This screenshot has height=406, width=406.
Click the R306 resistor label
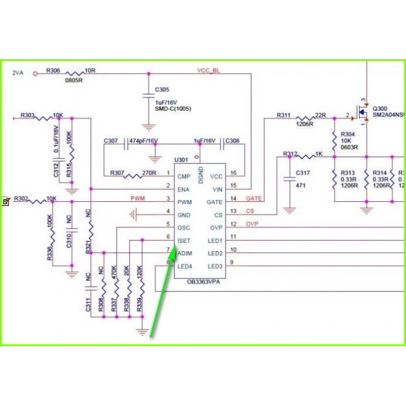pyautogui.click(x=53, y=71)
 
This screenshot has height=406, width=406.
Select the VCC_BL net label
pyautogui.click(x=208, y=70)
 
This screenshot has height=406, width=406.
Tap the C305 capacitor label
pyautogui.click(x=162, y=90)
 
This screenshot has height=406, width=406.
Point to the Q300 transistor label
pyautogui.click(x=380, y=108)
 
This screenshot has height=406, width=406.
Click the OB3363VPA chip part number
pyautogui.click(x=203, y=281)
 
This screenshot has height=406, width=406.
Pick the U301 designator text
pyautogui.click(x=182, y=159)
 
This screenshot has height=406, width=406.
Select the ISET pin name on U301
pyautogui.click(x=184, y=241)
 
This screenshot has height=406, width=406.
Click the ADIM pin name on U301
pyautogui.click(x=184, y=253)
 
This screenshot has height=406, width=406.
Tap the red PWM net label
pyautogui.click(x=137, y=198)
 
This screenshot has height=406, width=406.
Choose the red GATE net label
pyautogui.click(x=254, y=198)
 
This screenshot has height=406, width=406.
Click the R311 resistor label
pyautogui.click(x=284, y=116)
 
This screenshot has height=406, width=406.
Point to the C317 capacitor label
pyautogui.click(x=303, y=173)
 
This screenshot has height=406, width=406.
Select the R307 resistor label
pyautogui.click(x=118, y=173)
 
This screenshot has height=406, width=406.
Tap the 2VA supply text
pyautogui.click(x=18, y=73)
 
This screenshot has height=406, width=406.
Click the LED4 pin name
pyautogui.click(x=185, y=266)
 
